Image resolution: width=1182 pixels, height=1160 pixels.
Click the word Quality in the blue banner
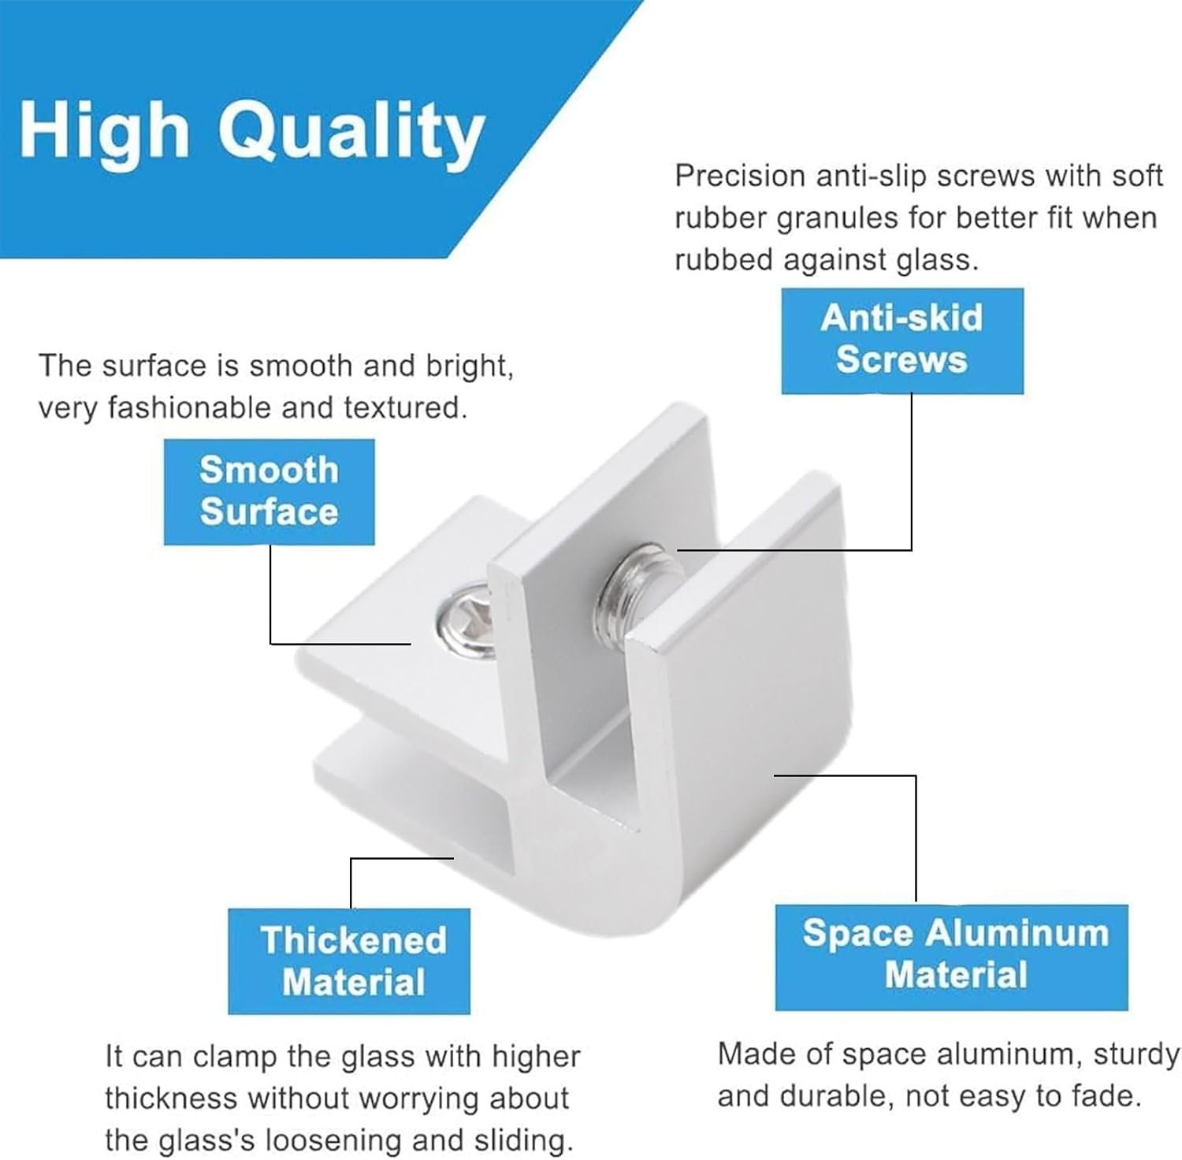351,132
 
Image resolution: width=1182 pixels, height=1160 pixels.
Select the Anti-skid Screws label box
902,340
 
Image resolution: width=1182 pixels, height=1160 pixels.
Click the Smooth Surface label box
269,492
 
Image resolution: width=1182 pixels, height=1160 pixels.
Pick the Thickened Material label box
349,961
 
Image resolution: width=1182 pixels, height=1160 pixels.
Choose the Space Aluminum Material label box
952,957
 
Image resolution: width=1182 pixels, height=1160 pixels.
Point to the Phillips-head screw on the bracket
464,619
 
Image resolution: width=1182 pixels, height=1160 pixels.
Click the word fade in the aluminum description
1108,1096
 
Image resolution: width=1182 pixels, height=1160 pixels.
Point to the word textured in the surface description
404,407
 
